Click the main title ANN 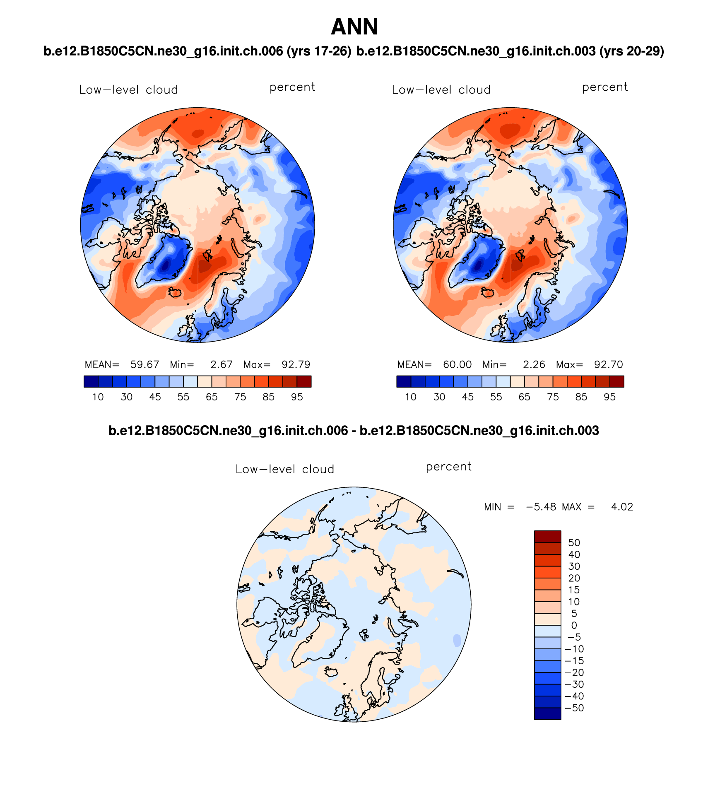pos(354,27)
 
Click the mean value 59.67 pos(144,365)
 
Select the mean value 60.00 pos(457,365)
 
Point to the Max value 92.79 pos(296,365)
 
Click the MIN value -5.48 pos(541,507)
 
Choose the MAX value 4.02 pos(622,507)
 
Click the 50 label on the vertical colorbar pos(574,543)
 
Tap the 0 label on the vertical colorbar pos(574,626)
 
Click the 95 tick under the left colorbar pos(297,397)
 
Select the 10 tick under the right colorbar pos(410,397)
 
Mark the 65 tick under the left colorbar pos(212,397)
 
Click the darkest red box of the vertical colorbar pos(547,537)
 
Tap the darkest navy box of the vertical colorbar pos(547,714)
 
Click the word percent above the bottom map pos(448,467)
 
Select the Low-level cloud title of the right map pos(441,90)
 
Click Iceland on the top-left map pos(175,293)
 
